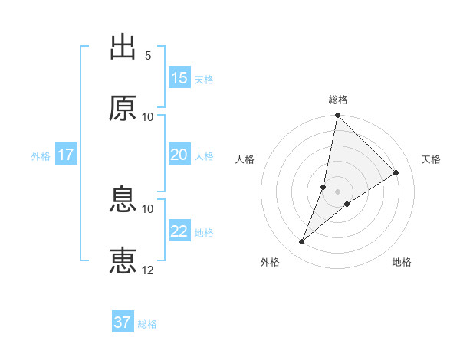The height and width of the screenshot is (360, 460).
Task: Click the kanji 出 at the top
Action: coord(123,47)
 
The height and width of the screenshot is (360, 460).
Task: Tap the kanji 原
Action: coord(123,108)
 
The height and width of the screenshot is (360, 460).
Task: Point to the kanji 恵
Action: coord(123,260)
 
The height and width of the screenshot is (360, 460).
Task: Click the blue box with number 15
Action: coord(179,78)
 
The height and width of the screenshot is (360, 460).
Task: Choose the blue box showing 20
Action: coord(179,155)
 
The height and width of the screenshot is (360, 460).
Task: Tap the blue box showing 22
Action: coord(179,231)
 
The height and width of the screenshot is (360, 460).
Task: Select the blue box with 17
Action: coord(66,155)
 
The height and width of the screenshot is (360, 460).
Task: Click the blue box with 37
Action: coord(123,322)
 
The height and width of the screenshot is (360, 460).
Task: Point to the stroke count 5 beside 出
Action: coord(148,56)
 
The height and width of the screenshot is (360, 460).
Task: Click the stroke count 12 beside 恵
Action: coord(148,270)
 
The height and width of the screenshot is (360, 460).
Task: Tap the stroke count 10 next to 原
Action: coord(148,116)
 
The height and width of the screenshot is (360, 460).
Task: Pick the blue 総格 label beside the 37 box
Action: coord(147,324)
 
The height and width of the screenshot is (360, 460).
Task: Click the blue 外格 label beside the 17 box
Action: coord(41,155)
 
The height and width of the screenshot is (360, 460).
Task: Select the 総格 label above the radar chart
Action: coord(337,100)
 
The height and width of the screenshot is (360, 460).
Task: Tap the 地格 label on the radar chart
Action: coord(402,263)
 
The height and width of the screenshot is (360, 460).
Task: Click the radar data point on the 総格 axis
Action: coord(337,116)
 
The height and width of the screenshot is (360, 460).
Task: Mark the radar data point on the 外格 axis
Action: coord(302,242)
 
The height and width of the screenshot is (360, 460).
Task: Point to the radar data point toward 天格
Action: coord(396,173)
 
